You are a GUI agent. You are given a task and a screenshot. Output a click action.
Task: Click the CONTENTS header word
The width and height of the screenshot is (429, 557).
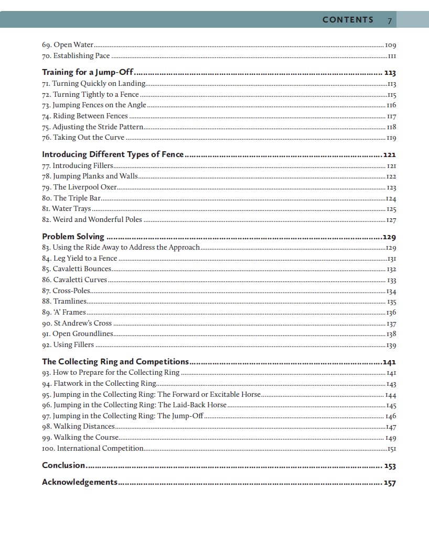[348, 20]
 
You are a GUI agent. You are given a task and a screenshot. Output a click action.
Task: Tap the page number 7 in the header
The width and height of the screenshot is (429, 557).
[390, 20]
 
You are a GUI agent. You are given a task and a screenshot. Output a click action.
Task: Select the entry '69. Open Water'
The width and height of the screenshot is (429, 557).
[68, 45]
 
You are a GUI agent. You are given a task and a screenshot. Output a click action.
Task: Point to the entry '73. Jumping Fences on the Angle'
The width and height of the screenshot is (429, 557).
[94, 105]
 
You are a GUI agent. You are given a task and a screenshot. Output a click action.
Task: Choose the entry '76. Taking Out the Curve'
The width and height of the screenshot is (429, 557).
[83, 138]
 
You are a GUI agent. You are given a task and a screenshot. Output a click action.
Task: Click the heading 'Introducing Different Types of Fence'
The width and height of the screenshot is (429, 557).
[113, 154]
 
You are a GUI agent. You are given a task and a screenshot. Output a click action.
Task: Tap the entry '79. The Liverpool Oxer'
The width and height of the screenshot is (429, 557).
[79, 187]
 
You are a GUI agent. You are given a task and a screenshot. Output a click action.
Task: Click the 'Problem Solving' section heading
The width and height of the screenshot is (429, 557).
[73, 237]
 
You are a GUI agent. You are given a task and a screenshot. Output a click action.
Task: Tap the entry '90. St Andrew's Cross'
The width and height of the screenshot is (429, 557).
[77, 323]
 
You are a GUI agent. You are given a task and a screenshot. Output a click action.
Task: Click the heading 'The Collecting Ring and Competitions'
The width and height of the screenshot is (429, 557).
[115, 362]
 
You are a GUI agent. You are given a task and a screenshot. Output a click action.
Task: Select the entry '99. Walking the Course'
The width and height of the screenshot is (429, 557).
[80, 437]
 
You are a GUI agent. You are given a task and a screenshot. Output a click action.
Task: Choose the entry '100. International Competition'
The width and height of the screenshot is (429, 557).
[92, 448]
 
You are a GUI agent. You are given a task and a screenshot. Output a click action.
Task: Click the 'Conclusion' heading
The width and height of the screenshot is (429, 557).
[63, 465]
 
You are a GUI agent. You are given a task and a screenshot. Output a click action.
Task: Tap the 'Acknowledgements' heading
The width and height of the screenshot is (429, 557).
[80, 482]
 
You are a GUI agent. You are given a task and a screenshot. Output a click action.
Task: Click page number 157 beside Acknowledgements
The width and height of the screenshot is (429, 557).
[390, 483]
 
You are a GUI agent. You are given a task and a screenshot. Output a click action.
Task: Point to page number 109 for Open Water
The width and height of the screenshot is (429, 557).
[390, 46]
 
